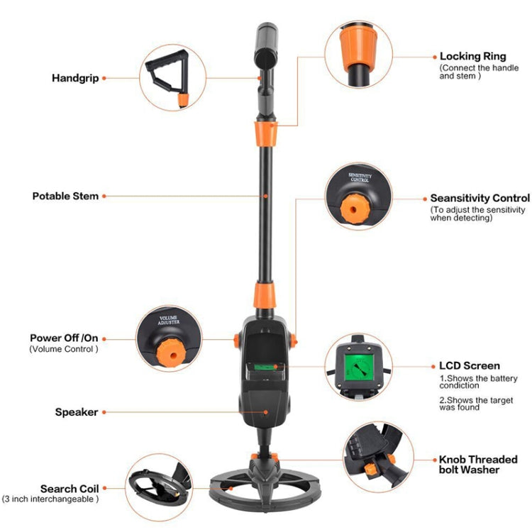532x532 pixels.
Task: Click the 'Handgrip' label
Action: (x=74, y=77)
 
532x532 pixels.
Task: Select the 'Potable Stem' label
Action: (x=65, y=196)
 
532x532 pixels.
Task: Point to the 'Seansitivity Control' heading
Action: (x=480, y=199)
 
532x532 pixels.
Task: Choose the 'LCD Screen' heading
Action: (x=469, y=366)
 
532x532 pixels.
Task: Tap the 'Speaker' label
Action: (x=77, y=411)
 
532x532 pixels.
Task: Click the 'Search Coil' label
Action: (x=69, y=489)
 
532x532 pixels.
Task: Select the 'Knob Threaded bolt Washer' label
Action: (x=478, y=465)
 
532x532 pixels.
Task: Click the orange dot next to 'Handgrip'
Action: (x=105, y=77)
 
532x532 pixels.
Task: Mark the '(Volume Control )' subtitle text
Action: (x=64, y=349)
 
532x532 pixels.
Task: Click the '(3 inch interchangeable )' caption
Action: (x=50, y=499)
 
